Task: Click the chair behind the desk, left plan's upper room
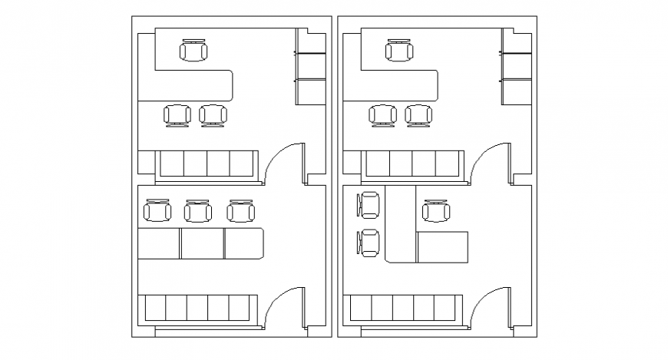tap(193, 51)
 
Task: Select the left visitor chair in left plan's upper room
tap(177, 115)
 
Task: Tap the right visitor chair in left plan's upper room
tap(213, 115)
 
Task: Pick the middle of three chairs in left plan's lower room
tap(198, 211)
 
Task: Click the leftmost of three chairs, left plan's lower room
tap(158, 211)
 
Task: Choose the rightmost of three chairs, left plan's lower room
tap(240, 211)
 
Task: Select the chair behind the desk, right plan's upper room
tap(399, 51)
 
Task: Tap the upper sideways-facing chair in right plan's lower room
tap(369, 205)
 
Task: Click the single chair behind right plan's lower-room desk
tap(436, 211)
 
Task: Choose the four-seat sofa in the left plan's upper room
tap(207, 163)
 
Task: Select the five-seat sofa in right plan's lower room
tap(405, 309)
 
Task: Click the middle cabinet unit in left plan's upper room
tap(313, 65)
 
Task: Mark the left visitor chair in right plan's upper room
tap(382, 115)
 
